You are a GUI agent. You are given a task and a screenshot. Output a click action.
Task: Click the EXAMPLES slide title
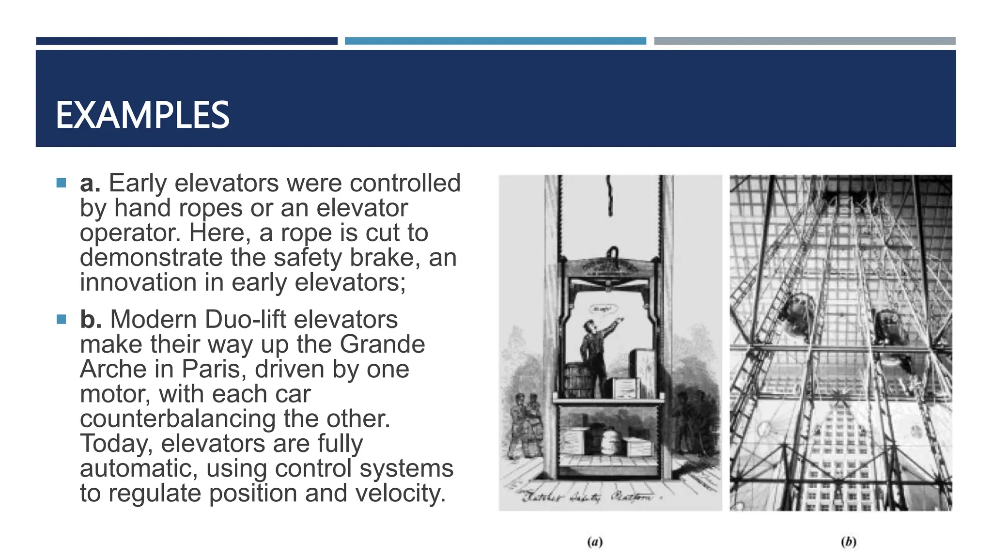pyautogui.click(x=142, y=115)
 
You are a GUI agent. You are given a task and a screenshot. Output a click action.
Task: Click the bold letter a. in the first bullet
pyautogui.click(x=90, y=184)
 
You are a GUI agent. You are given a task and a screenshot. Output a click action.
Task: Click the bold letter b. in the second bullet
pyautogui.click(x=91, y=320)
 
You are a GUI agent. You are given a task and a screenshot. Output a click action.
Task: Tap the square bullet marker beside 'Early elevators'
pyautogui.click(x=61, y=183)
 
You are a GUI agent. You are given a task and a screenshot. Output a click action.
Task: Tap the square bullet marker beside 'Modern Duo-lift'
pyautogui.click(x=61, y=319)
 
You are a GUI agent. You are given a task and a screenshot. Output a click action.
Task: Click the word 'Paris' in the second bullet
pyautogui.click(x=211, y=370)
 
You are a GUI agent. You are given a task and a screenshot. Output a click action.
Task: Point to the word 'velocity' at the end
pyautogui.click(x=398, y=494)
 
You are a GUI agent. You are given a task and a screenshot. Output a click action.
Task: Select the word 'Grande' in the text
pyautogui.click(x=383, y=344)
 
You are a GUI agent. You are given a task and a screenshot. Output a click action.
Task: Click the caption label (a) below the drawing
pyautogui.click(x=594, y=542)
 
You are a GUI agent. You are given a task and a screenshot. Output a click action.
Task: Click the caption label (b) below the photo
pyautogui.click(x=848, y=542)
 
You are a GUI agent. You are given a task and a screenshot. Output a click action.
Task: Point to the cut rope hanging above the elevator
pyautogui.click(x=610, y=196)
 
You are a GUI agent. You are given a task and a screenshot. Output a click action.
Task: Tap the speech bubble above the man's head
pyautogui.click(x=603, y=309)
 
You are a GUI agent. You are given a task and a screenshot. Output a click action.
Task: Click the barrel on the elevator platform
pyautogui.click(x=576, y=381)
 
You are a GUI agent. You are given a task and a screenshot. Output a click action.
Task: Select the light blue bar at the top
pyautogui.click(x=495, y=41)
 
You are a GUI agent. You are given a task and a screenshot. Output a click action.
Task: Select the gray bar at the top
pyautogui.click(x=805, y=41)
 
